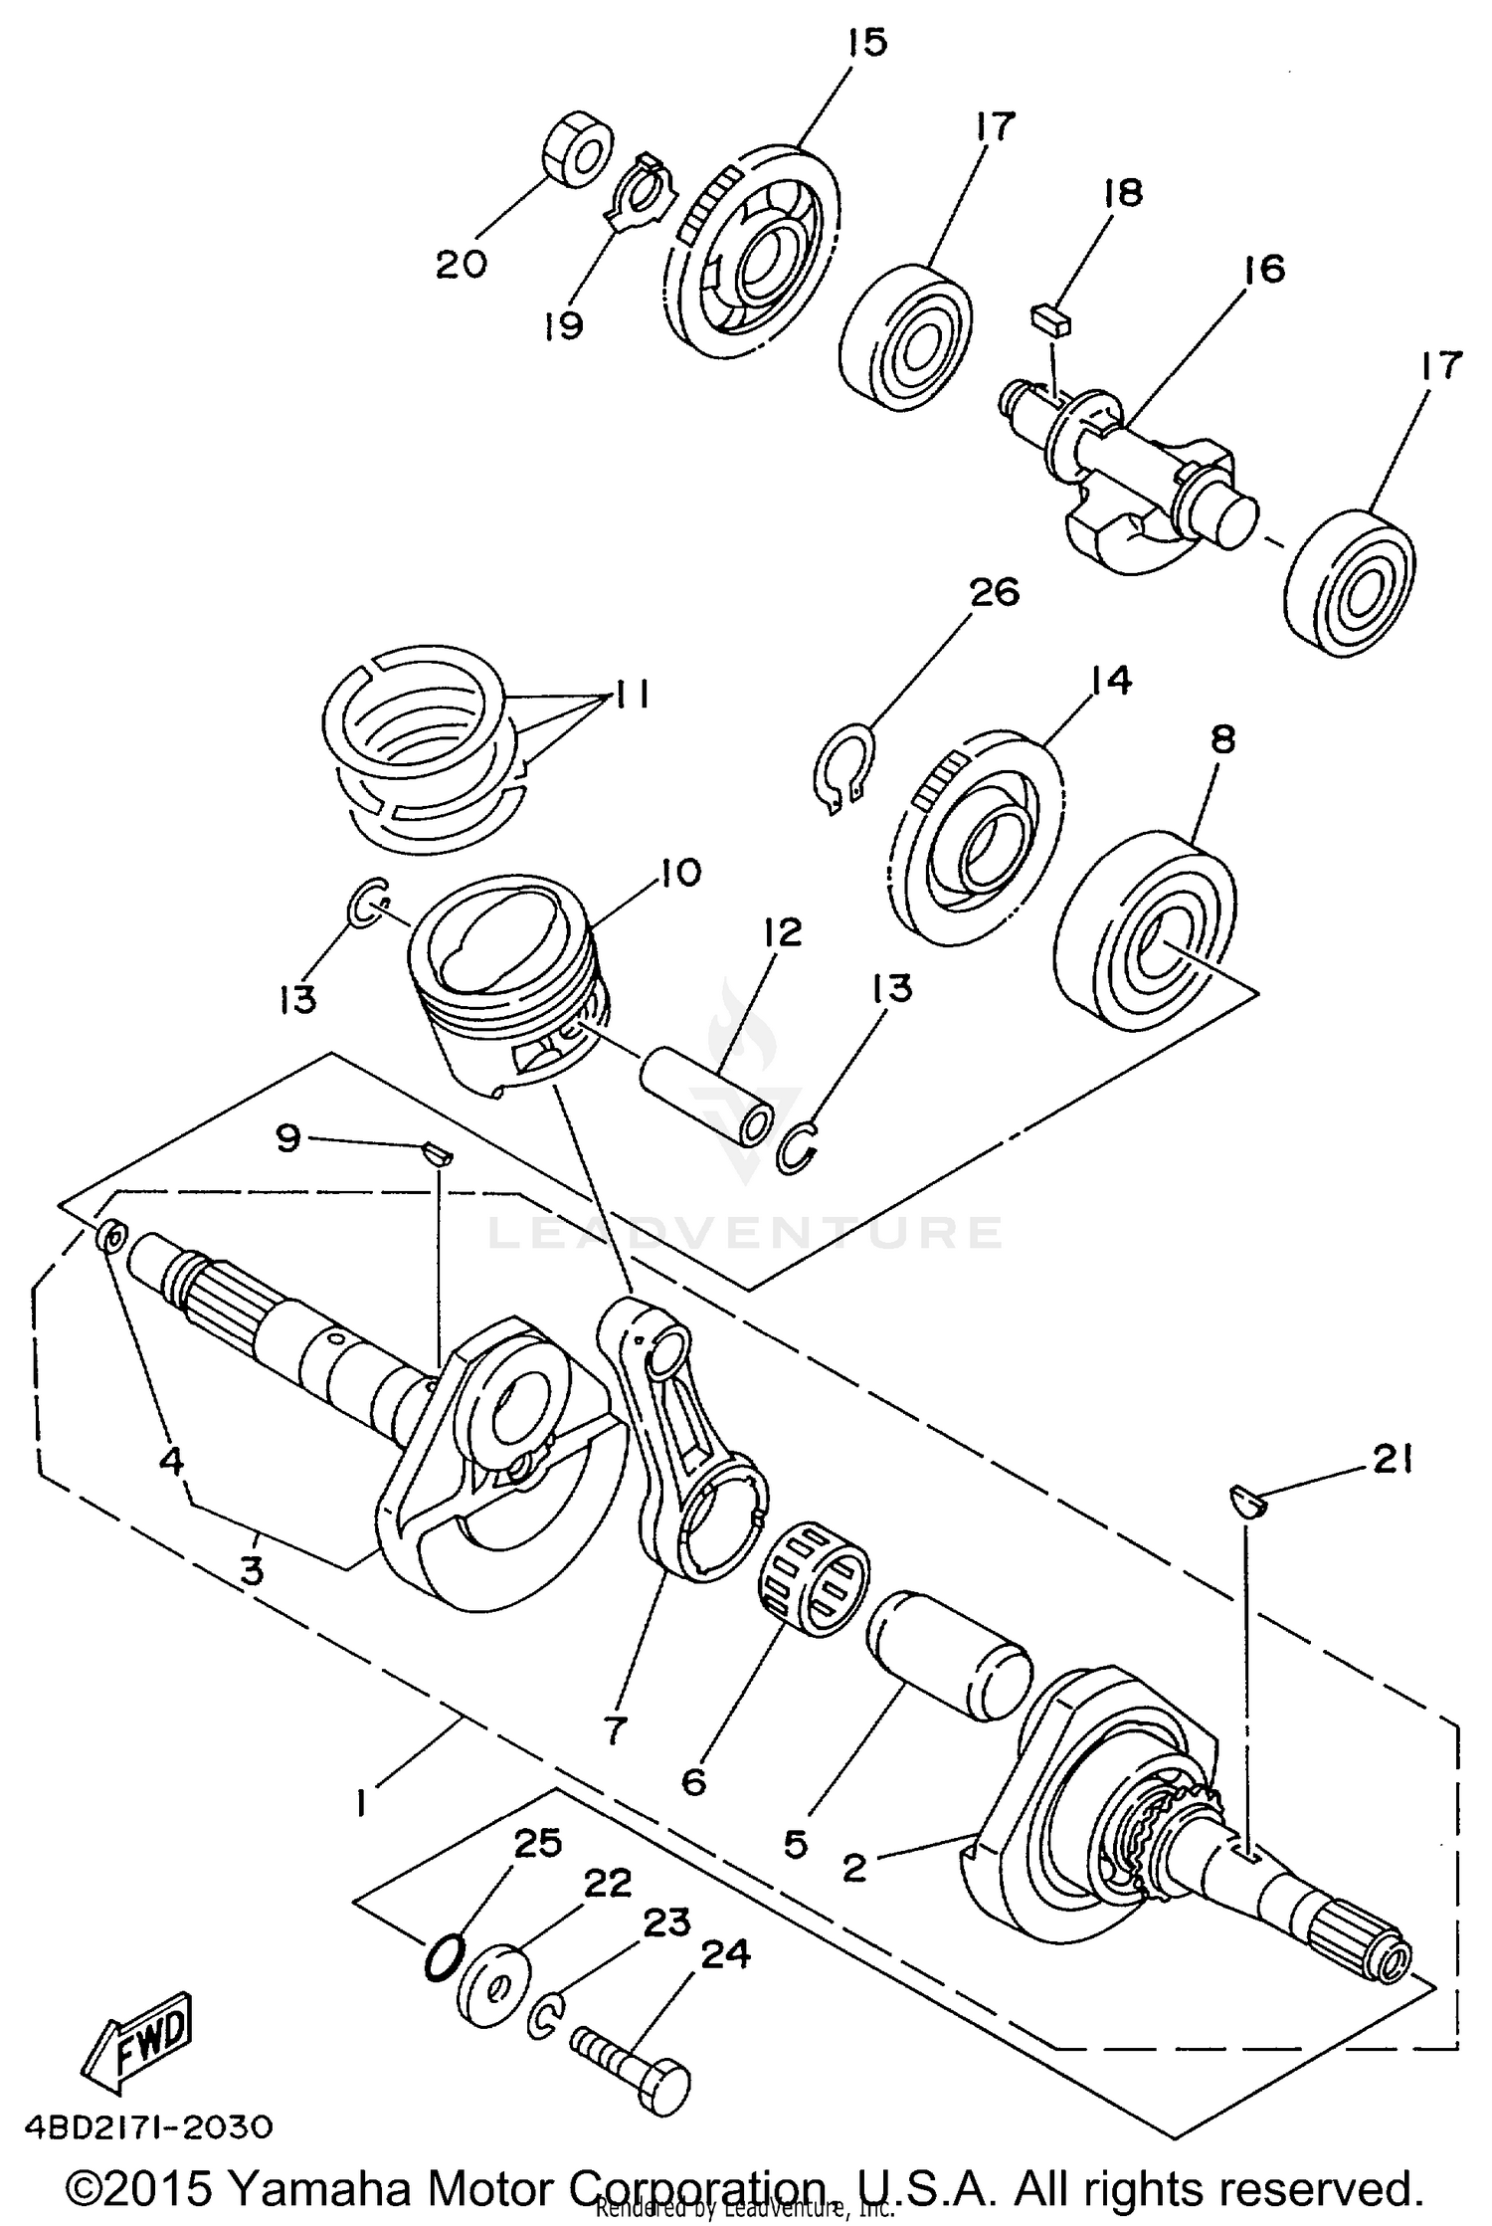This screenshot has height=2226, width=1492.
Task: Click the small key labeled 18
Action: pyautogui.click(x=1049, y=319)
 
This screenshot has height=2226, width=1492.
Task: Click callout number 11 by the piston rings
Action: pyautogui.click(x=625, y=695)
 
